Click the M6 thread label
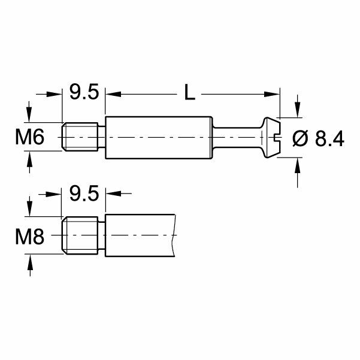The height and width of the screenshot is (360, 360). point(29,138)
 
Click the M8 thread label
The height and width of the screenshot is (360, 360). point(29,238)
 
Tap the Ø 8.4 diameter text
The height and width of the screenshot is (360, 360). point(318,140)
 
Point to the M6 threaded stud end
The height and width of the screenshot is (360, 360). point(81,137)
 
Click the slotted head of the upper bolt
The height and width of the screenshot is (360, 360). point(271,137)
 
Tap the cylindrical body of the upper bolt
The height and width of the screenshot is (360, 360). point(159,137)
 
